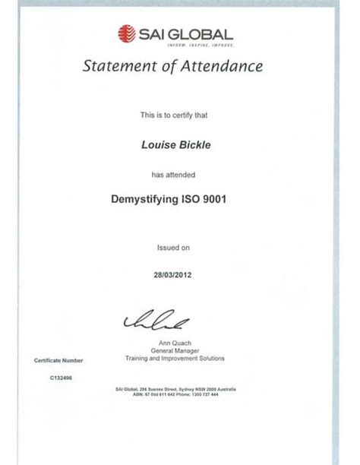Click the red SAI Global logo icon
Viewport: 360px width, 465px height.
coord(126,33)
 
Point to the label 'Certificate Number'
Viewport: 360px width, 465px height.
coord(58,360)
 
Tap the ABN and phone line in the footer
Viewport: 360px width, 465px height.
coord(177,395)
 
